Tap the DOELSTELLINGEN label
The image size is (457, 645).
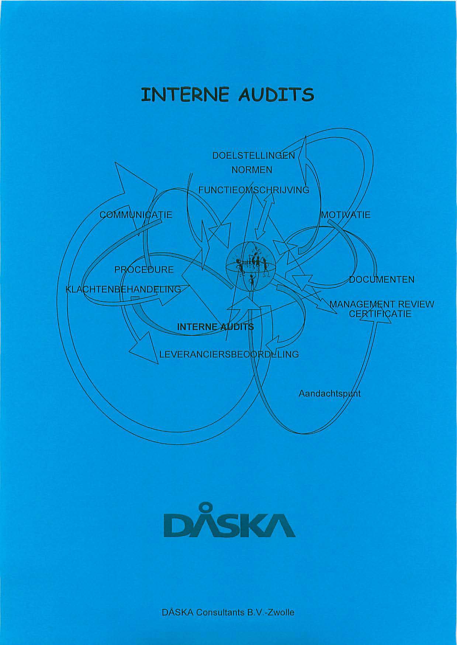point(254,156)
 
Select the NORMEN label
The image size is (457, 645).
point(252,170)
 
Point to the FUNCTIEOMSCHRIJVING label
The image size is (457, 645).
point(254,190)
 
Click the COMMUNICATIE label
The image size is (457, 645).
point(136,215)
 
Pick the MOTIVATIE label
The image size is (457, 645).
point(346,215)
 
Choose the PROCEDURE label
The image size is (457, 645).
point(144,270)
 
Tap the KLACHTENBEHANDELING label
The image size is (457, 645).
point(123,289)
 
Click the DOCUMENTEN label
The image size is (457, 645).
point(382,280)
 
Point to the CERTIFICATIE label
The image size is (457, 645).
point(380,314)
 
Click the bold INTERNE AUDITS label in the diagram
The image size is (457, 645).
point(216,327)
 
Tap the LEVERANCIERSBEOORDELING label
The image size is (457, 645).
point(229,355)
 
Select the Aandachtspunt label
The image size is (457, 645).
point(329,394)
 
